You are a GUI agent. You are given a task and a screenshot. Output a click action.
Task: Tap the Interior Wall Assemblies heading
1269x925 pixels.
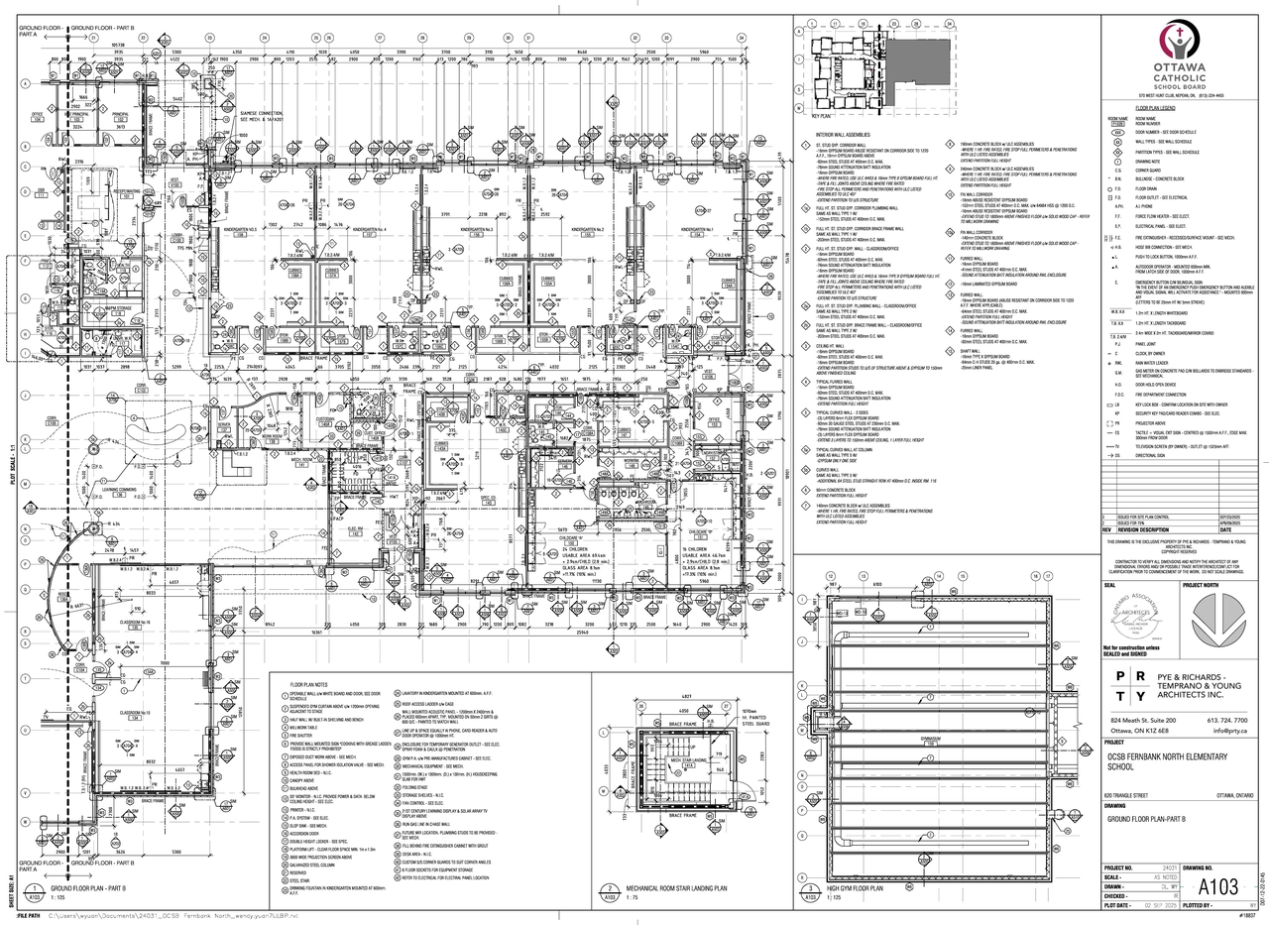[x=843, y=134]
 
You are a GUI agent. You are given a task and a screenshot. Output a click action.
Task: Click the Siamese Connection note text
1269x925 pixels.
[x=262, y=115]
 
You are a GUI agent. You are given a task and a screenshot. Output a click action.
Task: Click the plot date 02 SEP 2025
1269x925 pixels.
[x=1167, y=905]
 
